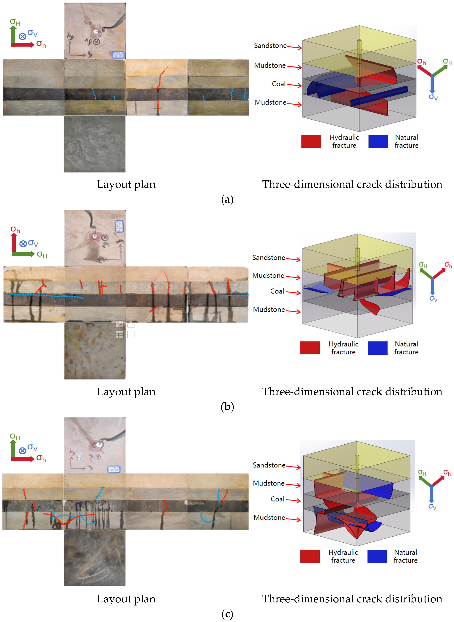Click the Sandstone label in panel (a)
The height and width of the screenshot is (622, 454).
click(270, 46)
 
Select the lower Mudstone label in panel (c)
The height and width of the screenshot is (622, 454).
click(269, 518)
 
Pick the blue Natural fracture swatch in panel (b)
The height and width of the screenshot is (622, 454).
click(378, 348)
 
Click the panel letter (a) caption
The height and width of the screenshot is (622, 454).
click(227, 200)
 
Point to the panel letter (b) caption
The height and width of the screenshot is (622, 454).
click(227, 407)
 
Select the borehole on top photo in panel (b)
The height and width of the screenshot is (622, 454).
click(94, 236)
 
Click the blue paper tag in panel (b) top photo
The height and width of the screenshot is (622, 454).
click(119, 226)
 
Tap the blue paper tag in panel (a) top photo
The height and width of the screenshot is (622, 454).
click(118, 54)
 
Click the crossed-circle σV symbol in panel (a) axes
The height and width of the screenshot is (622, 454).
click(23, 36)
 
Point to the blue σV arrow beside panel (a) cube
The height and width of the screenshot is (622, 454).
click(432, 84)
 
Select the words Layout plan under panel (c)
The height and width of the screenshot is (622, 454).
click(126, 599)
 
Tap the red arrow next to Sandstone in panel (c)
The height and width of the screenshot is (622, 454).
click(293, 466)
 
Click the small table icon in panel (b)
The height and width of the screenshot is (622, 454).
click(119, 334)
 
